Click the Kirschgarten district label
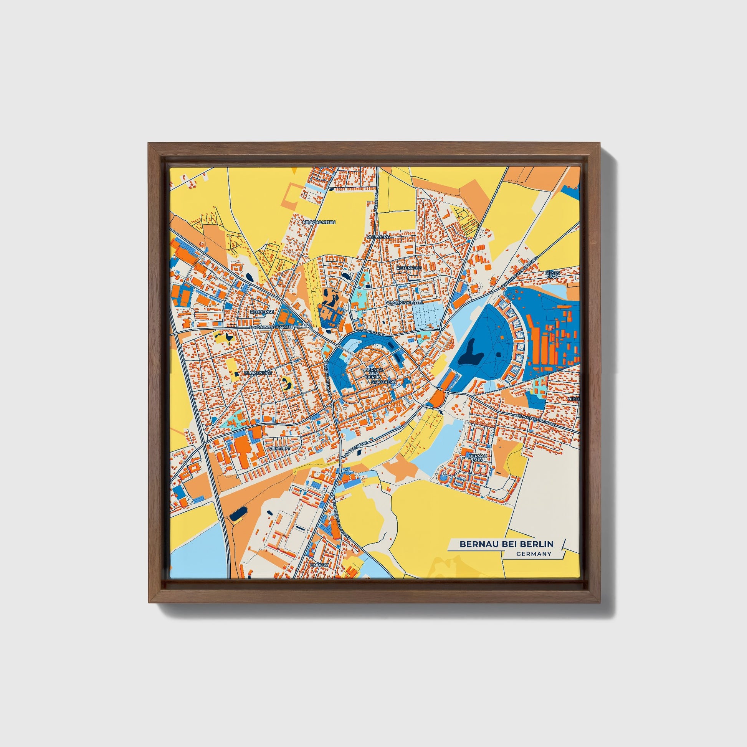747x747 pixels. pos(319,222)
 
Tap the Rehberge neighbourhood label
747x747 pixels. pos(262,311)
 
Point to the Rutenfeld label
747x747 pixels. pos(409,268)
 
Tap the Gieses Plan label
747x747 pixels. pos(552,274)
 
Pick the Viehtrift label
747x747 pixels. pos(279,448)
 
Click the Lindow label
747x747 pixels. pos(319,565)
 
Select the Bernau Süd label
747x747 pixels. pos(476,458)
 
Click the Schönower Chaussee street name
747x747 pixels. pos(272,327)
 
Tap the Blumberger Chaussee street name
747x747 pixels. pos(341,519)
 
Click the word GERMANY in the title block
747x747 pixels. pos(533,554)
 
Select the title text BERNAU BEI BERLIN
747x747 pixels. pos(506,544)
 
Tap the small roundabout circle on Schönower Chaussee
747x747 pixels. pos(306,325)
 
